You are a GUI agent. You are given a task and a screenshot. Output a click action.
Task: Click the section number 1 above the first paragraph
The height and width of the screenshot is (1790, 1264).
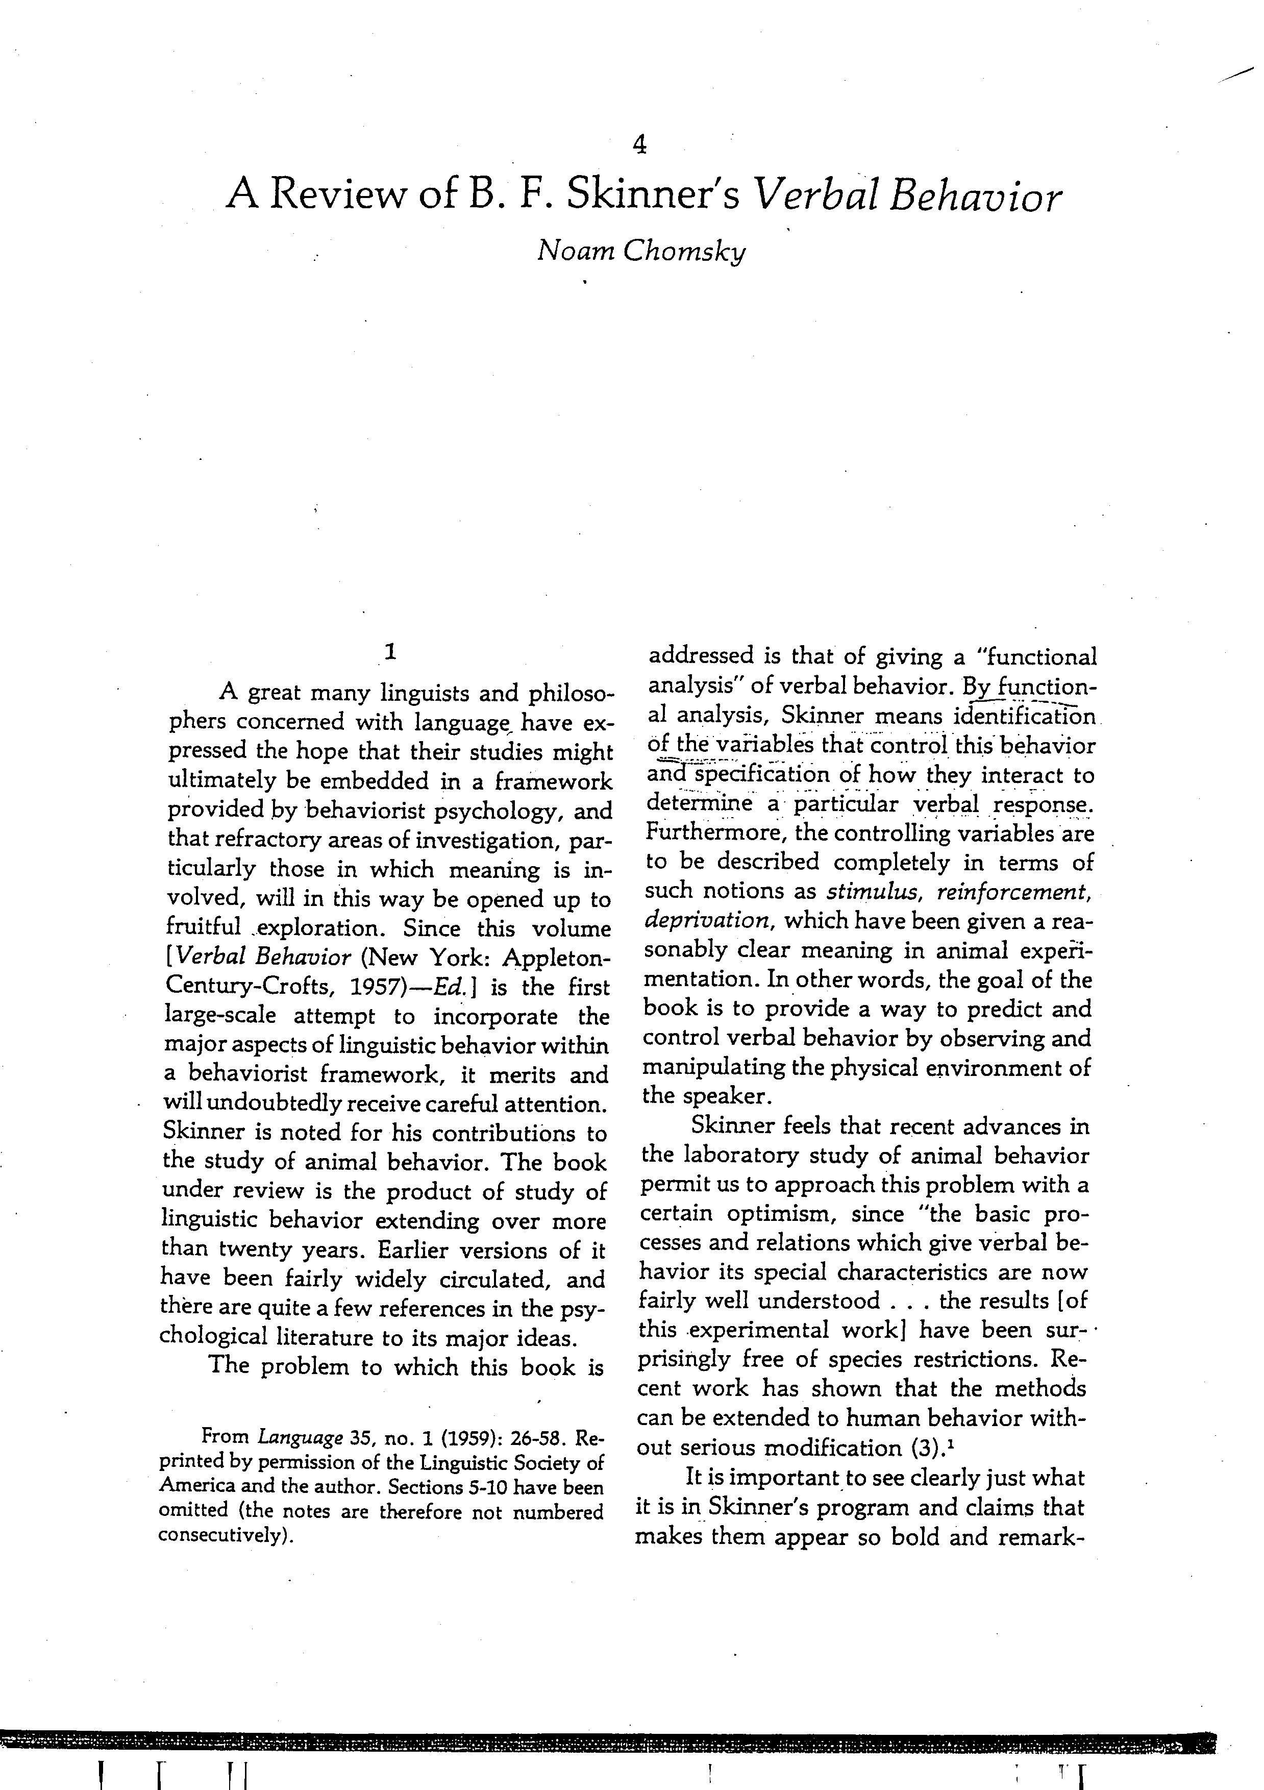[x=390, y=652]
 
